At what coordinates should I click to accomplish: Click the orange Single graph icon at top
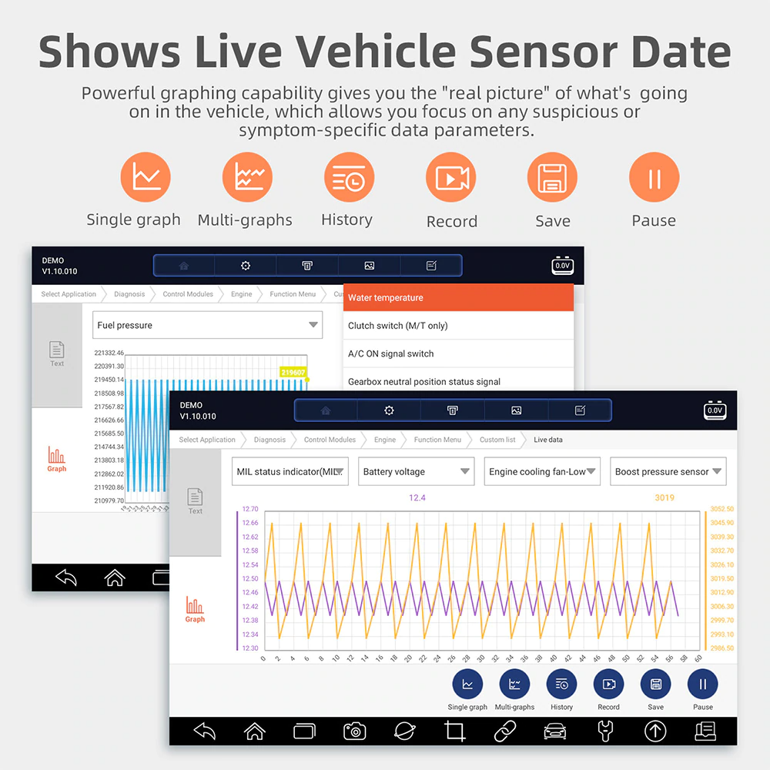[x=146, y=177]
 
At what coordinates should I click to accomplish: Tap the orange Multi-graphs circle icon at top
[x=247, y=177]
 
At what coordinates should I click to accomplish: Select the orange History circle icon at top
[x=349, y=177]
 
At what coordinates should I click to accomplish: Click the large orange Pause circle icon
[x=654, y=177]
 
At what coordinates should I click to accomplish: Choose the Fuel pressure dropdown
[x=207, y=325]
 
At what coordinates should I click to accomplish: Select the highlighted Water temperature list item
[x=458, y=297]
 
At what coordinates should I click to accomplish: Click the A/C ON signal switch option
[x=458, y=353]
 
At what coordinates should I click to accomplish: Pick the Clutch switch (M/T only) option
[x=458, y=326]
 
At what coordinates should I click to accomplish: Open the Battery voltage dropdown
[x=417, y=471]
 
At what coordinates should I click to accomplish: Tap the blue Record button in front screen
[x=608, y=684]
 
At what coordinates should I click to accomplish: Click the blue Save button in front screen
[x=655, y=684]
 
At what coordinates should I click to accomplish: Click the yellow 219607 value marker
[x=293, y=373]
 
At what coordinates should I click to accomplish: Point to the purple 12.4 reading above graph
[x=417, y=498]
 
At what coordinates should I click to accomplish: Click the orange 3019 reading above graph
[x=664, y=498]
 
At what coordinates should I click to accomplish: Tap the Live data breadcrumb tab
[x=548, y=440]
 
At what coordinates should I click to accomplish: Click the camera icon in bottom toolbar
[x=354, y=731]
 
